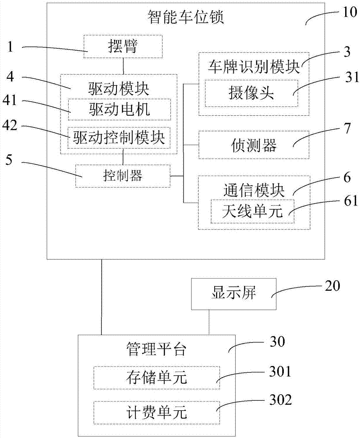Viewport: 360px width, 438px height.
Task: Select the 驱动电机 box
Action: click(119, 109)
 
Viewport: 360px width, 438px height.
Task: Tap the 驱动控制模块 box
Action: click(119, 139)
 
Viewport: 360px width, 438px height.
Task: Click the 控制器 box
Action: click(123, 176)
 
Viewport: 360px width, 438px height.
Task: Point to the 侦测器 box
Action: click(254, 145)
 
